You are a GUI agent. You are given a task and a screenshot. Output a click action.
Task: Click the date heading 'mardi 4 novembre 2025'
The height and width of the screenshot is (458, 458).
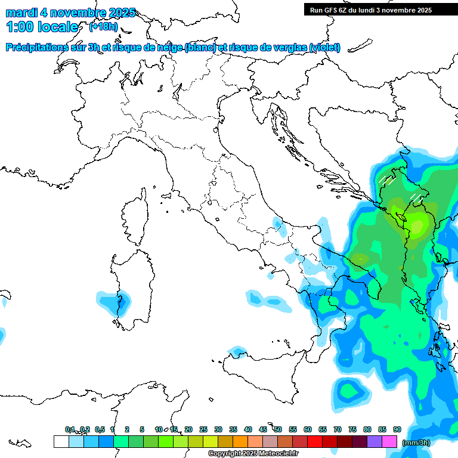[70, 13]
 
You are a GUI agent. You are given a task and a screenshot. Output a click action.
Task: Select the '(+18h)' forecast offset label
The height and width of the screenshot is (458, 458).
[103, 27]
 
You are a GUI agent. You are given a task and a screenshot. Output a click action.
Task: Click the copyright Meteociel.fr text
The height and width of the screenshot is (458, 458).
[253, 454]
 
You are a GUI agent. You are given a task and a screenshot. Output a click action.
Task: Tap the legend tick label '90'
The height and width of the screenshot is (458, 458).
[397, 429]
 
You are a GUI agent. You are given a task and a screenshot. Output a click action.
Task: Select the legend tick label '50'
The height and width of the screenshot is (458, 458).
[278, 429]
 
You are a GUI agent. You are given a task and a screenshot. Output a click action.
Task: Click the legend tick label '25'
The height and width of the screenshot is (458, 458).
[203, 429]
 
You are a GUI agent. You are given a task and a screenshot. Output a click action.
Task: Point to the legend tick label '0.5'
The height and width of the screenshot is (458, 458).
[99, 429]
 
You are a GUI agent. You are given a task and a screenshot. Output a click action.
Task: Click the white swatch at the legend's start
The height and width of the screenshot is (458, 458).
[61, 441]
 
